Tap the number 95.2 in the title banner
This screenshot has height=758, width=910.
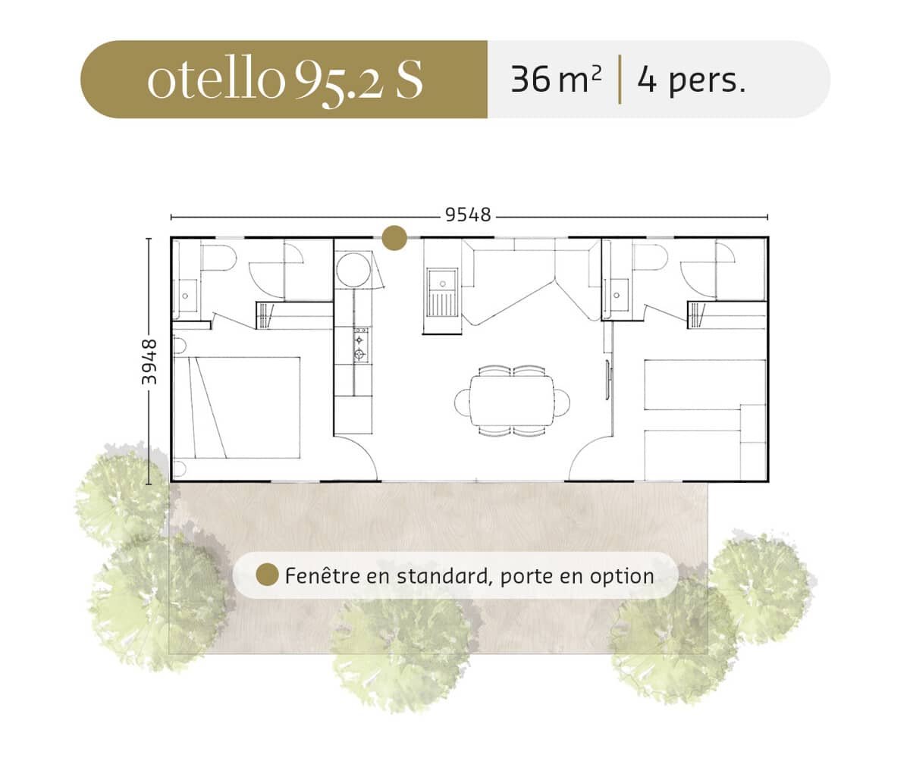[x=338, y=83]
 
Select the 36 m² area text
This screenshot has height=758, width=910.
[x=556, y=80]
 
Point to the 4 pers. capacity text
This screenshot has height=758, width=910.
[x=691, y=81]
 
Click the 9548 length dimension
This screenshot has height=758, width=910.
[x=468, y=215]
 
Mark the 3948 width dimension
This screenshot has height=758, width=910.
[x=149, y=362]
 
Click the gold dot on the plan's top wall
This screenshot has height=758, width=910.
[x=394, y=238]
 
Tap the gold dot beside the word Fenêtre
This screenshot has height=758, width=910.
[x=268, y=575]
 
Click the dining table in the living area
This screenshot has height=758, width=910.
[x=512, y=401]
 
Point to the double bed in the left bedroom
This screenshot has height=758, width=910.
[x=237, y=408]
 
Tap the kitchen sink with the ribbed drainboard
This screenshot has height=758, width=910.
[x=442, y=293]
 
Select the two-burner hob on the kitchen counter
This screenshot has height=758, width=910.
[x=360, y=346]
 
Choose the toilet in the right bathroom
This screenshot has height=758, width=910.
[x=649, y=258]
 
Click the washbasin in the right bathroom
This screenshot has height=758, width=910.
[x=617, y=295]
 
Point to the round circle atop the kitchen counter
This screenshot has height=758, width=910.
[x=353, y=270]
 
